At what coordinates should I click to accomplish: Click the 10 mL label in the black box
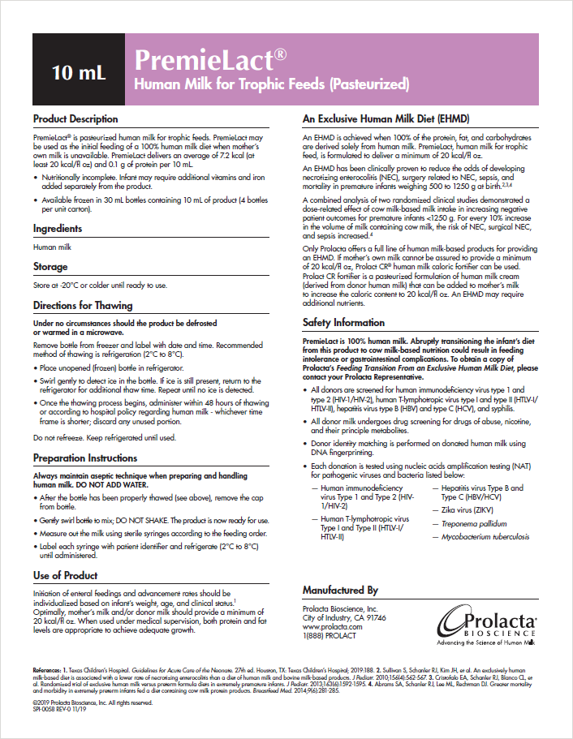point(79,71)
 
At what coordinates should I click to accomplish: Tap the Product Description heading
point(75,118)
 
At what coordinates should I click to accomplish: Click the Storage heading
point(50,266)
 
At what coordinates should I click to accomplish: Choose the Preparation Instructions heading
point(84,458)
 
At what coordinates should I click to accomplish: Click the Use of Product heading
point(66,575)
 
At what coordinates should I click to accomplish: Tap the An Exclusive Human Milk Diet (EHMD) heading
point(380,118)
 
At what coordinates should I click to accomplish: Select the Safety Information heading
point(343,322)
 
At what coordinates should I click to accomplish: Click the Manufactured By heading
point(340,590)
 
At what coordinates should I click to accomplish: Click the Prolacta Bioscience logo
point(486,626)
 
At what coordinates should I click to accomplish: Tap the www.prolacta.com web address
point(332,627)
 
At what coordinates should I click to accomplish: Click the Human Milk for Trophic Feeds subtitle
point(271,84)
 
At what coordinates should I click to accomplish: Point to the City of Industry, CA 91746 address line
point(344,617)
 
